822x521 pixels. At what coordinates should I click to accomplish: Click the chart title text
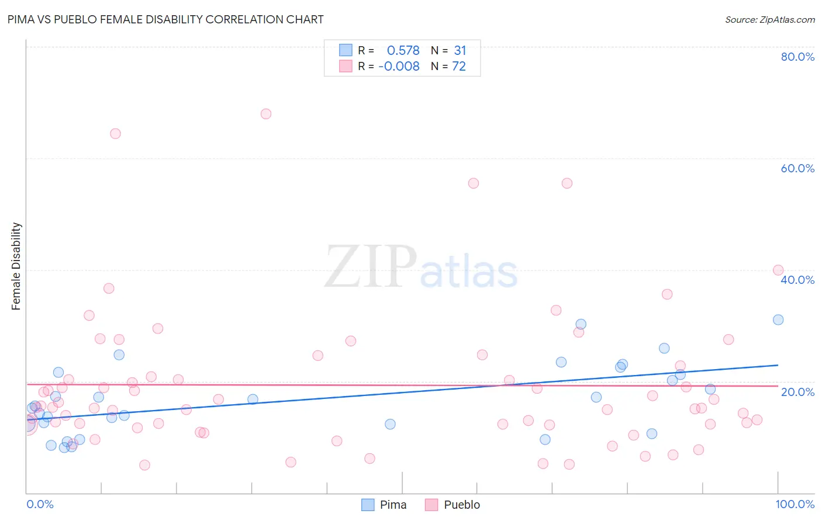coord(165,19)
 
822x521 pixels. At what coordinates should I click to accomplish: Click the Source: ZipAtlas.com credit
coord(769,19)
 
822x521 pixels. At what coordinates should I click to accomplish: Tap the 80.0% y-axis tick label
coord(797,57)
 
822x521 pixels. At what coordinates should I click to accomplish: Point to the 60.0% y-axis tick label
coord(797,168)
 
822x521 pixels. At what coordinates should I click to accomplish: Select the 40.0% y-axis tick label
coord(797,280)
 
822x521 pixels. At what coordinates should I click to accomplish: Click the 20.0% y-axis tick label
coord(797,391)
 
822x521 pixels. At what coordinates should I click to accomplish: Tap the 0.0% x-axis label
coord(40,504)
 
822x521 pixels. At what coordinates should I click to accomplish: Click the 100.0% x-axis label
coord(795,504)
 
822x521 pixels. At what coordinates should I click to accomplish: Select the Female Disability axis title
coord(16,266)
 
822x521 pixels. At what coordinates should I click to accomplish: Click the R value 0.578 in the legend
coord(403,51)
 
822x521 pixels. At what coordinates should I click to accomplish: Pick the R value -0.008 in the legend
coord(399,67)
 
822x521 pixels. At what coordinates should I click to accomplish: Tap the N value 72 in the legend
coord(459,67)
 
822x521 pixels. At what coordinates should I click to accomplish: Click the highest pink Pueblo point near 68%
coord(266,114)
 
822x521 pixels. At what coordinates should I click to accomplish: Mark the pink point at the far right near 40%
coord(778,270)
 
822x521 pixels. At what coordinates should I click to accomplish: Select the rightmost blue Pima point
coord(778,319)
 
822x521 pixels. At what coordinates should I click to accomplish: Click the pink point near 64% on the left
coord(115,134)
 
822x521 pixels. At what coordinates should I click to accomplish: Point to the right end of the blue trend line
coord(778,365)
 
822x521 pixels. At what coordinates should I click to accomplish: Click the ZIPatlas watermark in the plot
coord(421,268)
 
